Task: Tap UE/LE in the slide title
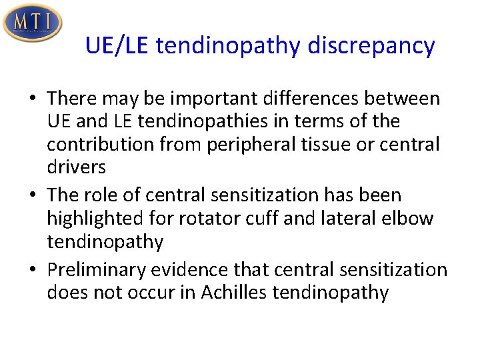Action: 120,46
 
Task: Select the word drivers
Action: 76,167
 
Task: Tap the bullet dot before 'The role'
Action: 32,196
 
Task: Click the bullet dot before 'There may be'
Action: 32,99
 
